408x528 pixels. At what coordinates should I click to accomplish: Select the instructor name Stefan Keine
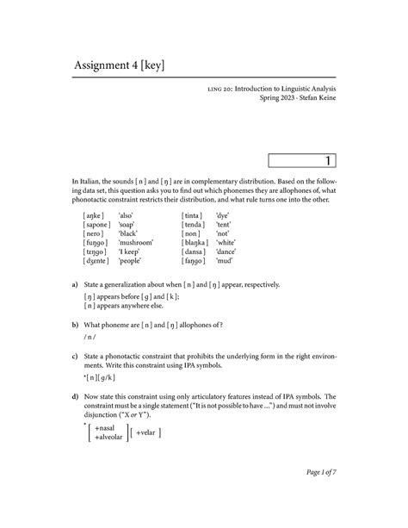pos(313,122)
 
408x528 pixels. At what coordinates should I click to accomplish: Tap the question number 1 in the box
pos(328,160)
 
